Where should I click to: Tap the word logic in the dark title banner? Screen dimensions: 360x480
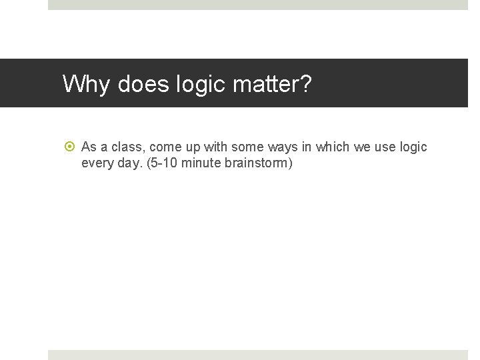(x=198, y=84)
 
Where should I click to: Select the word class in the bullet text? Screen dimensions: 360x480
(x=125, y=147)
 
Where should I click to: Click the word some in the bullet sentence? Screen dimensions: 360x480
(x=247, y=147)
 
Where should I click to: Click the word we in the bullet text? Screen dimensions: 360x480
(x=362, y=147)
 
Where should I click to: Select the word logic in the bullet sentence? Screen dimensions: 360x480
(x=414, y=147)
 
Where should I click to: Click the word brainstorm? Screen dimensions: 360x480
(x=256, y=163)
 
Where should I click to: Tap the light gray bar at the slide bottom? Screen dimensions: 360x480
(x=258, y=355)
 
